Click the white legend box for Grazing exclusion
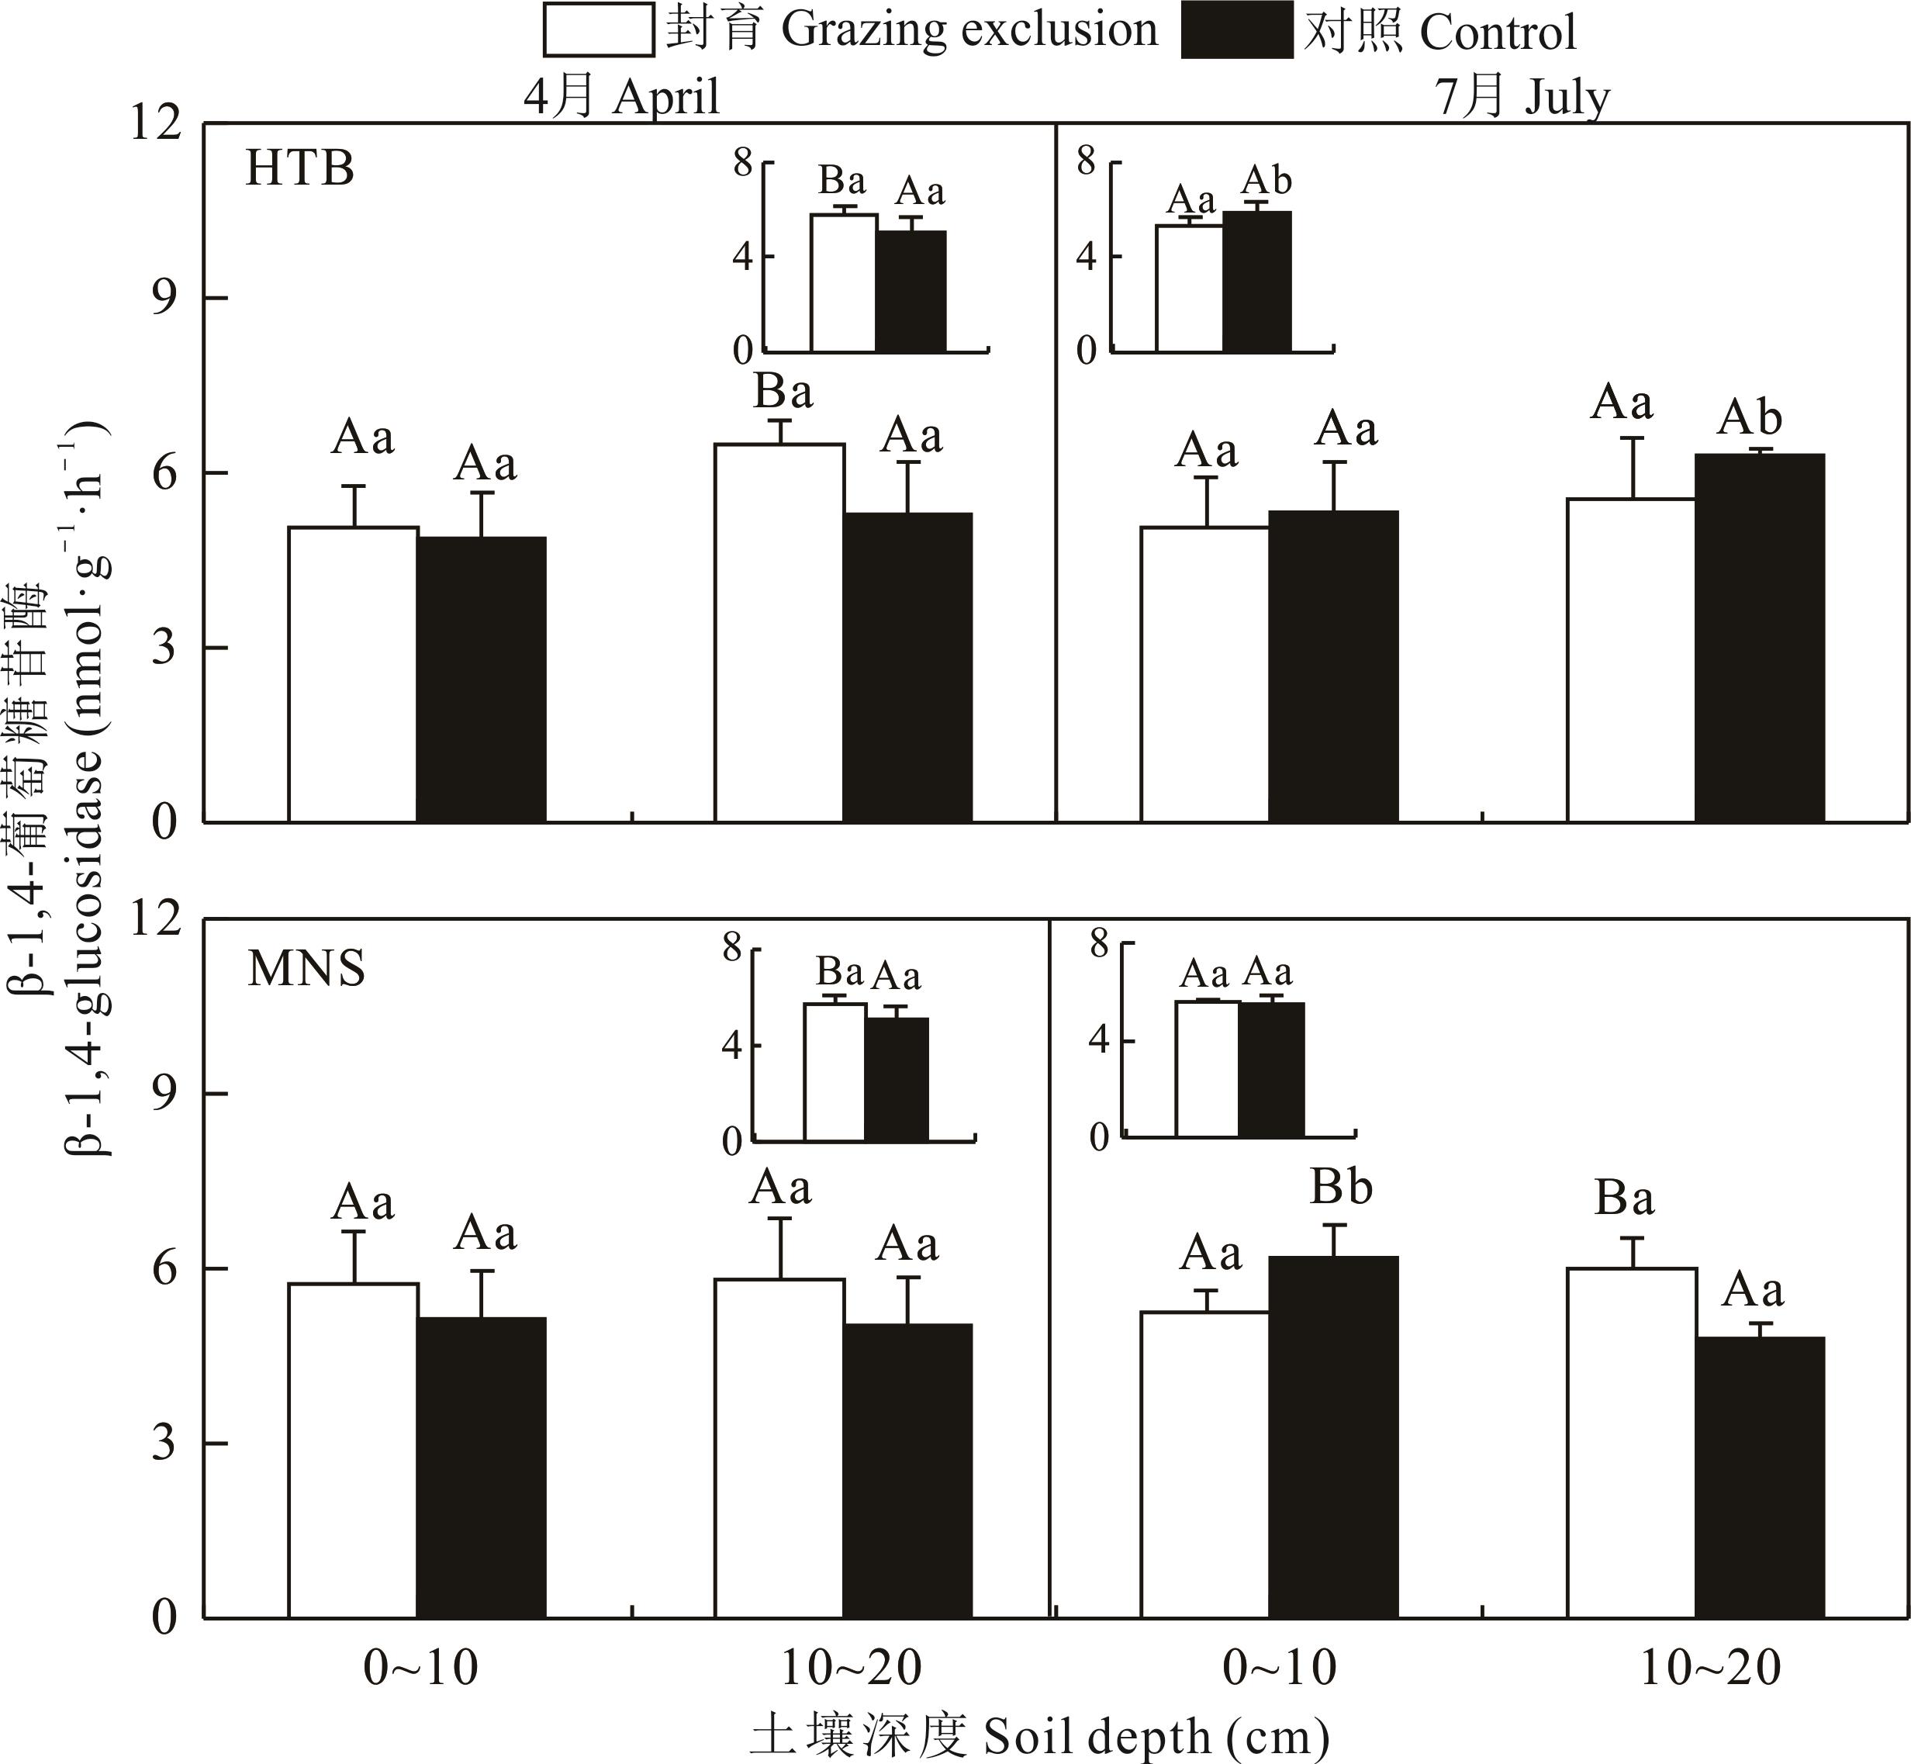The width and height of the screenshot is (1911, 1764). pyautogui.click(x=599, y=29)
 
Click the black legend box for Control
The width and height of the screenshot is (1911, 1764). pyautogui.click(x=1236, y=30)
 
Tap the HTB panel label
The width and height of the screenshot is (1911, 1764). pyautogui.click(x=299, y=169)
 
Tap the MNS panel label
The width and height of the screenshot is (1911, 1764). pyautogui.click(x=306, y=969)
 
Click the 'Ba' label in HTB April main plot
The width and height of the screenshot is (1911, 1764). pyautogui.click(x=783, y=393)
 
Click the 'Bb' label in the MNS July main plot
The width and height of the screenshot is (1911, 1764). pyautogui.click(x=1340, y=1188)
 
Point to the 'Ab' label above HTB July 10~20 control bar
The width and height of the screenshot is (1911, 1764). pyautogui.click(x=1750, y=418)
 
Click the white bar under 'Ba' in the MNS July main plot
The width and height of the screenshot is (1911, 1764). pyautogui.click(x=1631, y=1442)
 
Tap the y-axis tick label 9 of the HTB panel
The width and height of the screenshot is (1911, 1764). pyautogui.click(x=164, y=299)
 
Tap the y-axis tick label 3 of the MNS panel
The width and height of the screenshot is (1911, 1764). pyautogui.click(x=164, y=1444)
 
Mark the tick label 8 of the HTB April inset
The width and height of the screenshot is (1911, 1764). pyautogui.click(x=741, y=163)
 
